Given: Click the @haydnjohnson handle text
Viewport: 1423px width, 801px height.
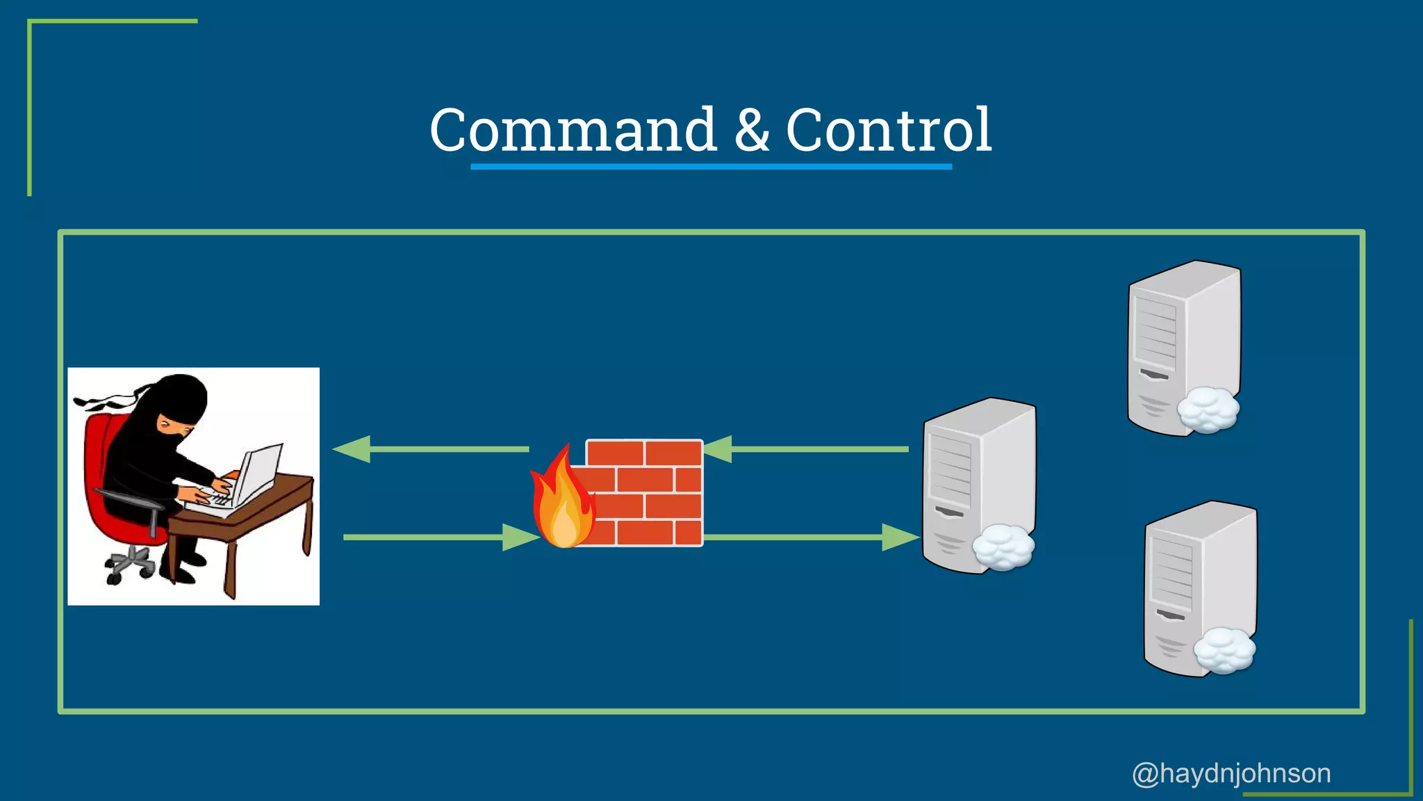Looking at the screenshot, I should click(1231, 773).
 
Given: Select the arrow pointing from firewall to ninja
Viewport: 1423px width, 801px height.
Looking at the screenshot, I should click(431, 449).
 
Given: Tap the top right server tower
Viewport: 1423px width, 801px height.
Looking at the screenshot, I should click(1181, 341).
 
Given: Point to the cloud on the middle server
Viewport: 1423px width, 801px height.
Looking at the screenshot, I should click(1003, 547).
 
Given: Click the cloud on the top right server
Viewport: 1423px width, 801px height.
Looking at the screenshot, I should click(1208, 410).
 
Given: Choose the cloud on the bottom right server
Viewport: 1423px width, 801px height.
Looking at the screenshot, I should click(1224, 650).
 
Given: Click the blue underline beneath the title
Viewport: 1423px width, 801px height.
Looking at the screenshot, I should click(711, 167).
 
